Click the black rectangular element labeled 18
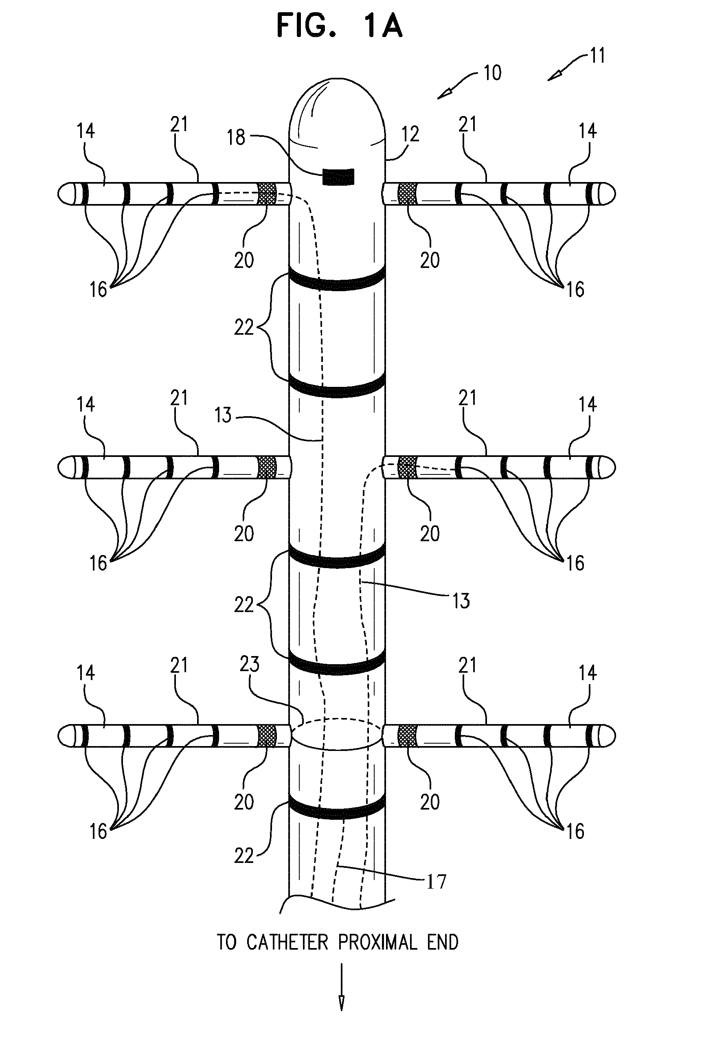338,176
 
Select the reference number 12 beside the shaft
410,134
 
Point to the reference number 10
492,73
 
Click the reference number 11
597,56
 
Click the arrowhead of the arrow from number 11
553,78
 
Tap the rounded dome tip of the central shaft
337,108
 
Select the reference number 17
436,882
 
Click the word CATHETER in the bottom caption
287,942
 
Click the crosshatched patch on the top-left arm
267,194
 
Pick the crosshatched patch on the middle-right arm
406,467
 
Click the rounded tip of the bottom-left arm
66,735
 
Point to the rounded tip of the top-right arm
608,194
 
